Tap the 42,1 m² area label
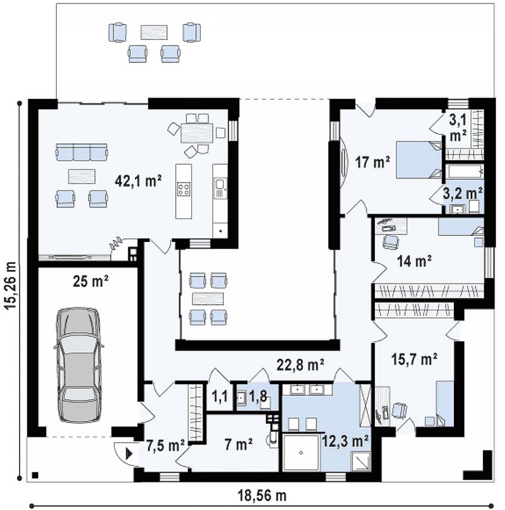coord(138,181)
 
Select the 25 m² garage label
coord(90,281)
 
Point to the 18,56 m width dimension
coord(262,495)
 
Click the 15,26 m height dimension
coord(11,289)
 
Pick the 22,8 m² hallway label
coord(300,364)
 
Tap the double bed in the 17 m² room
coord(418,160)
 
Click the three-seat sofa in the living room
coord(81,152)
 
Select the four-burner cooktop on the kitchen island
coord(184,189)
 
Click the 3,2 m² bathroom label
coord(462,194)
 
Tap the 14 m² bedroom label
coord(414,260)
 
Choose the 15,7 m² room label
coord(414,359)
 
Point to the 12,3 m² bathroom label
coord(345,442)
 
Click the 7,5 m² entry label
coord(165,445)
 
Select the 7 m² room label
coord(238,444)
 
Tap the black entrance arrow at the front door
coord(129,453)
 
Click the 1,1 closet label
coord(220,396)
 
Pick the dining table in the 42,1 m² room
coord(197,133)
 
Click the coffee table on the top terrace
coord(154,32)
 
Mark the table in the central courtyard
coord(208,298)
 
